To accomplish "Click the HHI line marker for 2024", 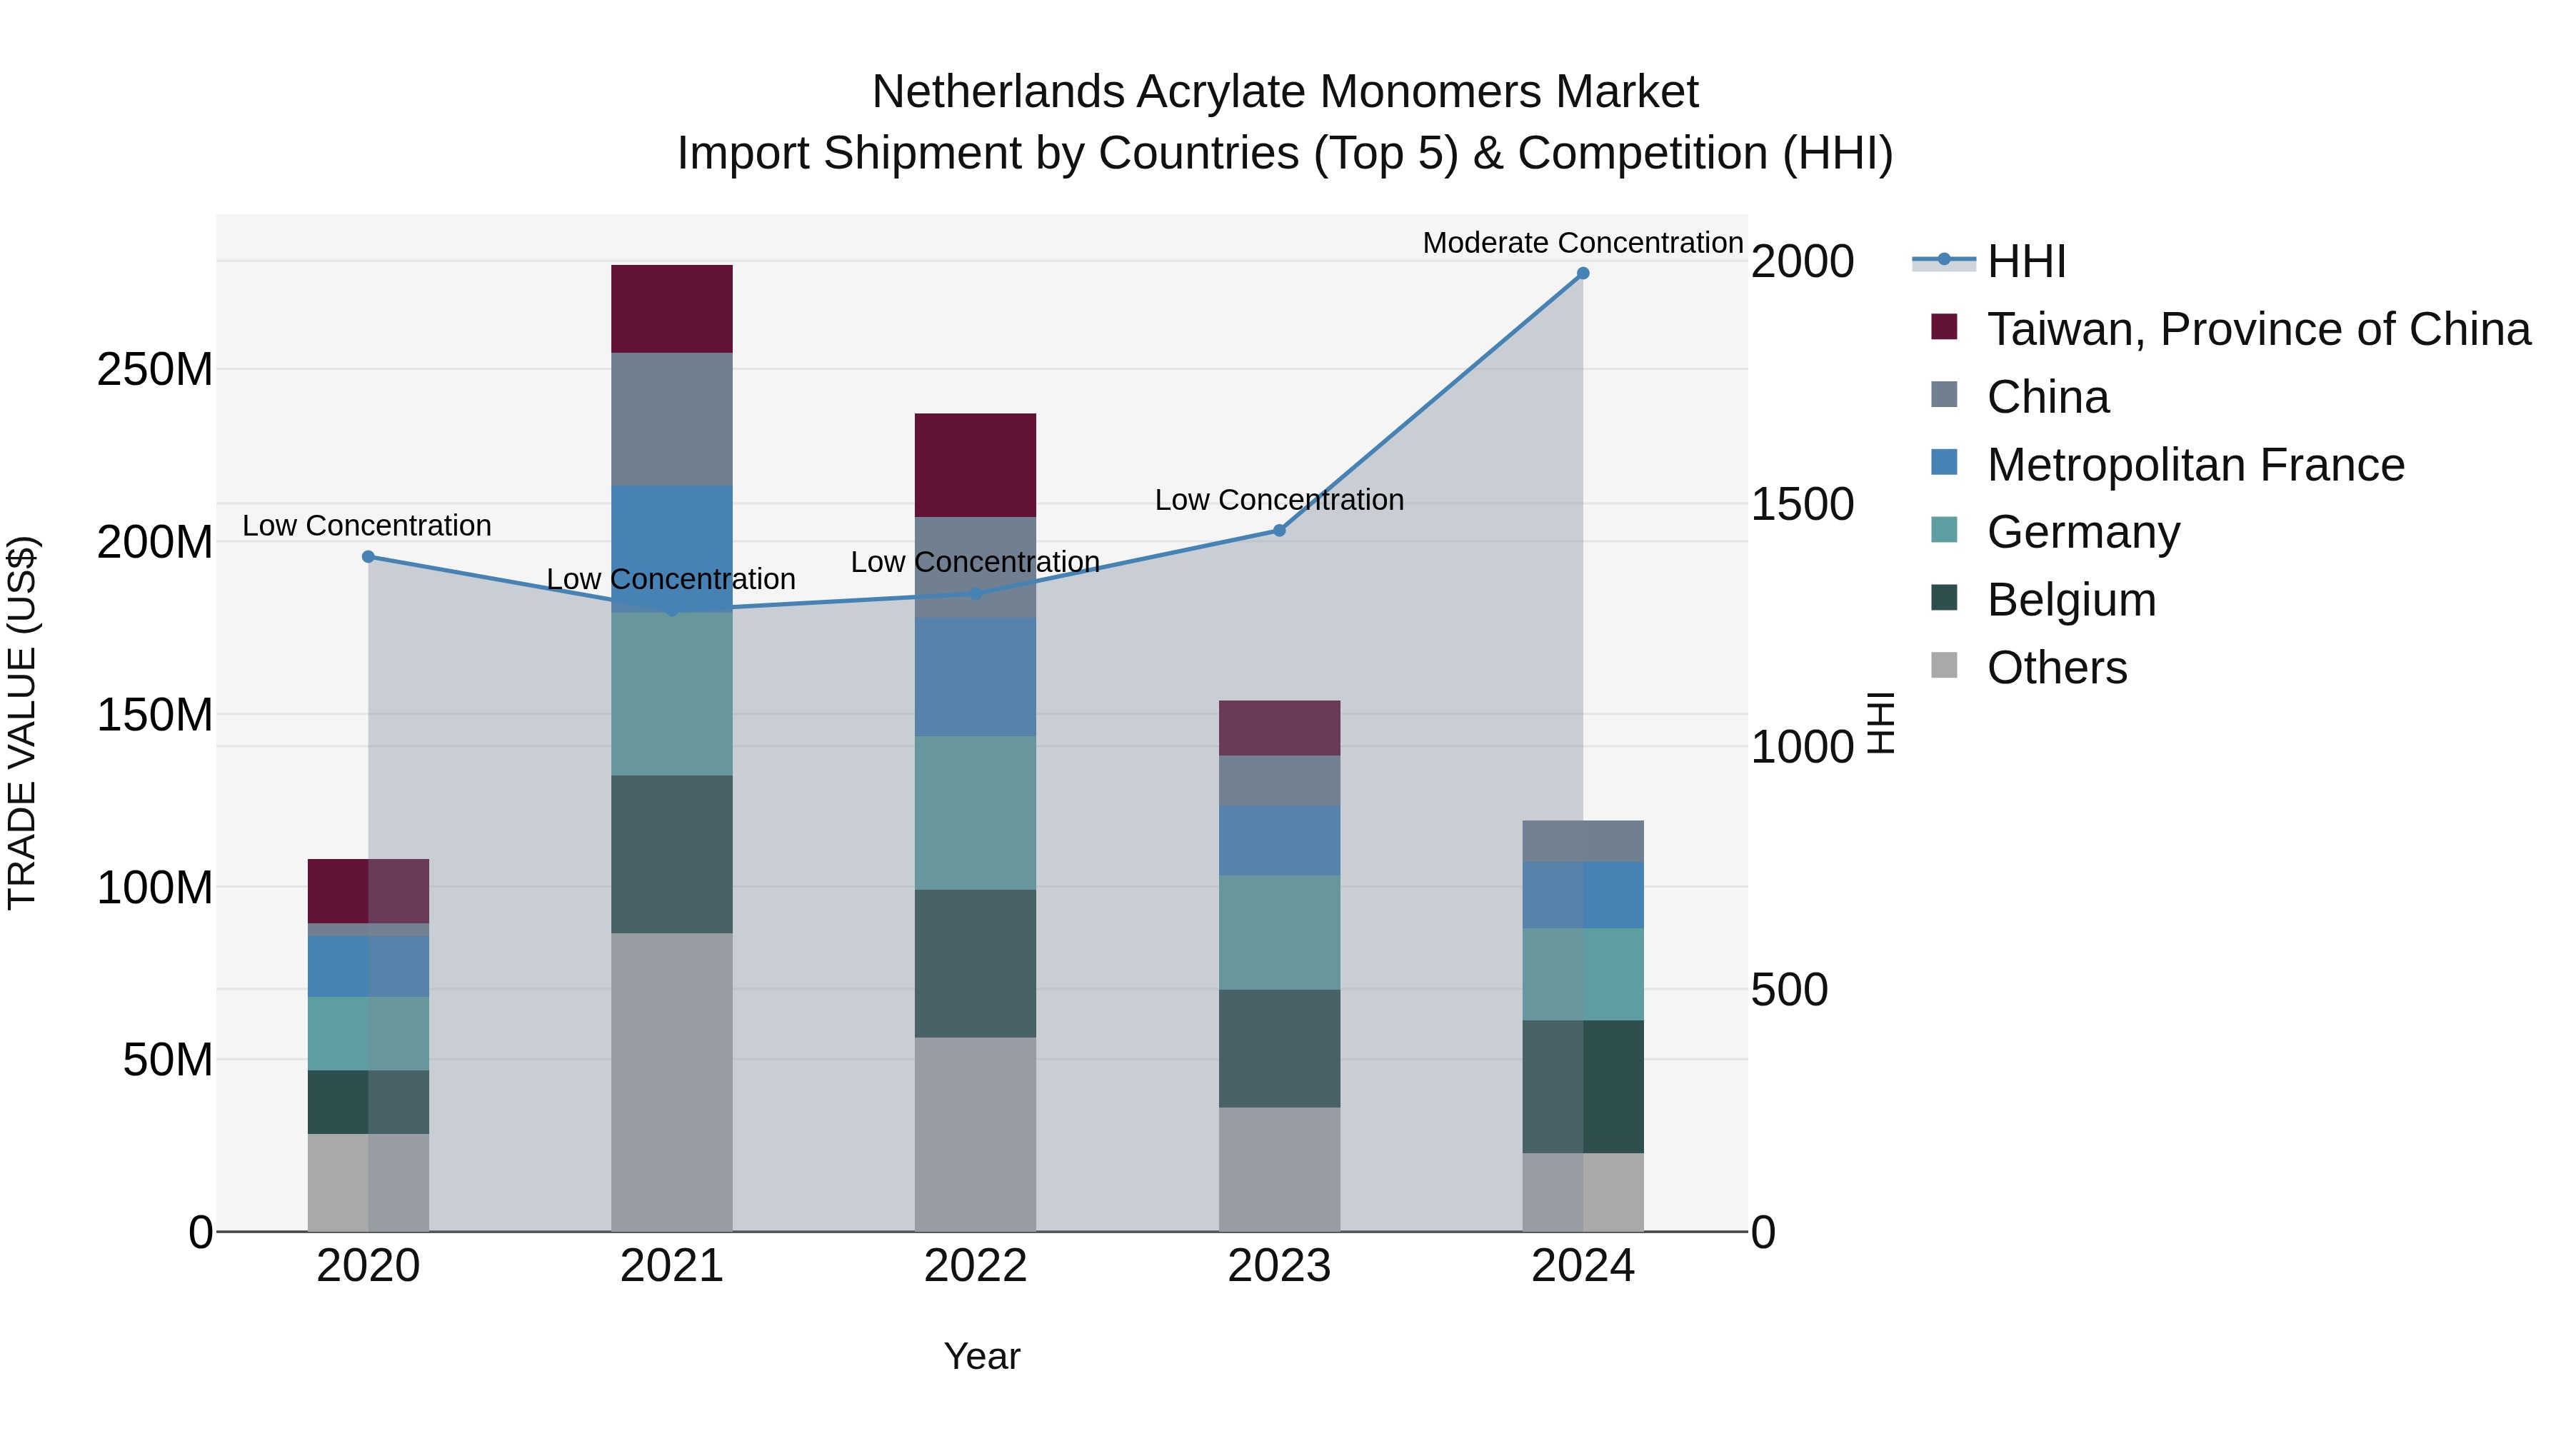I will pos(1583,273).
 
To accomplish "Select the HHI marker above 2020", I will pos(369,557).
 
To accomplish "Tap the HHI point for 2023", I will pos(1280,531).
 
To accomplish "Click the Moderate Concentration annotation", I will pos(1582,243).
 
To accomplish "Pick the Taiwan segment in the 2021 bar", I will pos(672,308).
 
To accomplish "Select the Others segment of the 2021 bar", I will pos(672,1082).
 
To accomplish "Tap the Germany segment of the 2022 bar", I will pos(975,813).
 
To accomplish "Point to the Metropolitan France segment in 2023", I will pos(1280,840).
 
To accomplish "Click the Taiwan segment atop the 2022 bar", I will pos(975,465).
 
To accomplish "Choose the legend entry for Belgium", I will pos(2071,600).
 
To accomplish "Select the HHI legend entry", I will pos(2025,261).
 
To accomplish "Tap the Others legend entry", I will pos(2056,668).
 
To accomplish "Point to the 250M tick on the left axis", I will pos(155,370).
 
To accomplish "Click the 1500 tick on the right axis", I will pos(1803,504).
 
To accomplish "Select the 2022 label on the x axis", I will pos(975,1266).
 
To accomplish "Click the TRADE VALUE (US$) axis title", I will pos(22,723).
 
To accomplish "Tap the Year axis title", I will pos(982,1356).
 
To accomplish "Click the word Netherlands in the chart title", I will pos(998,92).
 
